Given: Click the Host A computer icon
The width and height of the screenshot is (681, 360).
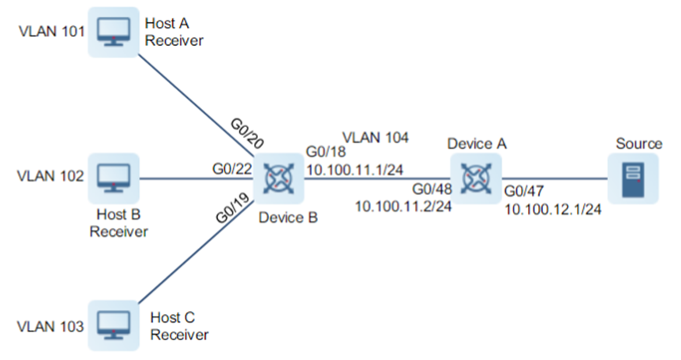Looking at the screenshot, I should [x=112, y=32].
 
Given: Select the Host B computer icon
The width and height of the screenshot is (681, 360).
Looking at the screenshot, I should [x=112, y=177].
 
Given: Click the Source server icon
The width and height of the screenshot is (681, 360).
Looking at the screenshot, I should [x=630, y=178].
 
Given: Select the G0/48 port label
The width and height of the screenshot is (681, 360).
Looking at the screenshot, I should [x=430, y=189].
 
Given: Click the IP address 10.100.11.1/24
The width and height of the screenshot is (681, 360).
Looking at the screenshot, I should [x=354, y=169].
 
